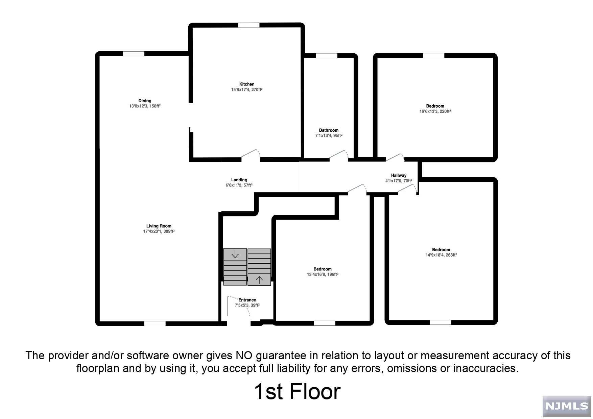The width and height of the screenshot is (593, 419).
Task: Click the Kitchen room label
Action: point(247,84)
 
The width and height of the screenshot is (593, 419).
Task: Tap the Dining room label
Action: point(145,101)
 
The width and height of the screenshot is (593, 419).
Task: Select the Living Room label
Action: point(159,226)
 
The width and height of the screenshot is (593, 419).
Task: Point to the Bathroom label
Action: point(329,130)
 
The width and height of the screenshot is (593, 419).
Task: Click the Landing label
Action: point(239,180)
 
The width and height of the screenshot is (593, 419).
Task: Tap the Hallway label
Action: point(399,175)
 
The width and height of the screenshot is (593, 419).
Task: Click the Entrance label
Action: point(247,300)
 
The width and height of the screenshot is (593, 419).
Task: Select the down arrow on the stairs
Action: point(235,254)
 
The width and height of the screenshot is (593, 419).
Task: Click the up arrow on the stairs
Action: point(259,280)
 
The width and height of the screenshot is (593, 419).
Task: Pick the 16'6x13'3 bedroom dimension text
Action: point(435,111)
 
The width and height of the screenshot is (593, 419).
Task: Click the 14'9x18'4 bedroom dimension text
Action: point(441,255)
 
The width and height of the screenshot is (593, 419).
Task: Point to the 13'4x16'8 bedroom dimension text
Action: point(322,274)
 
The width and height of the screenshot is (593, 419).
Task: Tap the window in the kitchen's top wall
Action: point(248,25)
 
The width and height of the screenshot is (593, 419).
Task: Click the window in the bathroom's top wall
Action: point(327,56)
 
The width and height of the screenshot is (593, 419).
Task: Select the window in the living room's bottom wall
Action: point(155,323)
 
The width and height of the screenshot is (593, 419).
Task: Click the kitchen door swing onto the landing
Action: point(251,153)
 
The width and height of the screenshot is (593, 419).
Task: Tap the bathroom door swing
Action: point(339,155)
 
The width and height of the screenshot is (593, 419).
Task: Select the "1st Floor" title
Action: point(297,392)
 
